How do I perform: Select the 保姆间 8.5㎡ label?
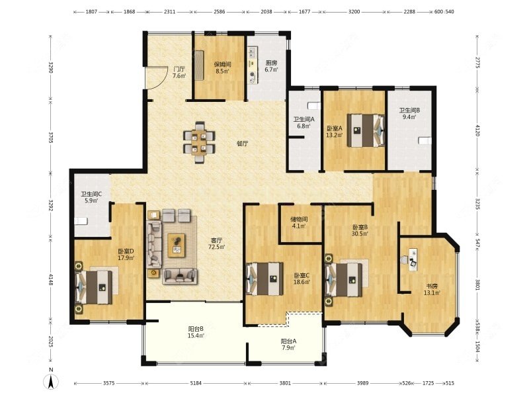pos(223,68)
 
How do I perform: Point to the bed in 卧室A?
pos(366,130)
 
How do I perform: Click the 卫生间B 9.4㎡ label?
pos(409,114)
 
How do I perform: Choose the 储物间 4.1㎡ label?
pos(298,222)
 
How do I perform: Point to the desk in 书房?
pos(414,259)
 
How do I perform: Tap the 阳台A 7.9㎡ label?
pos(288,344)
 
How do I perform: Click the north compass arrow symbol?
pos(50,382)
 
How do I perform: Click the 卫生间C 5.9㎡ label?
pos(91,197)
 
